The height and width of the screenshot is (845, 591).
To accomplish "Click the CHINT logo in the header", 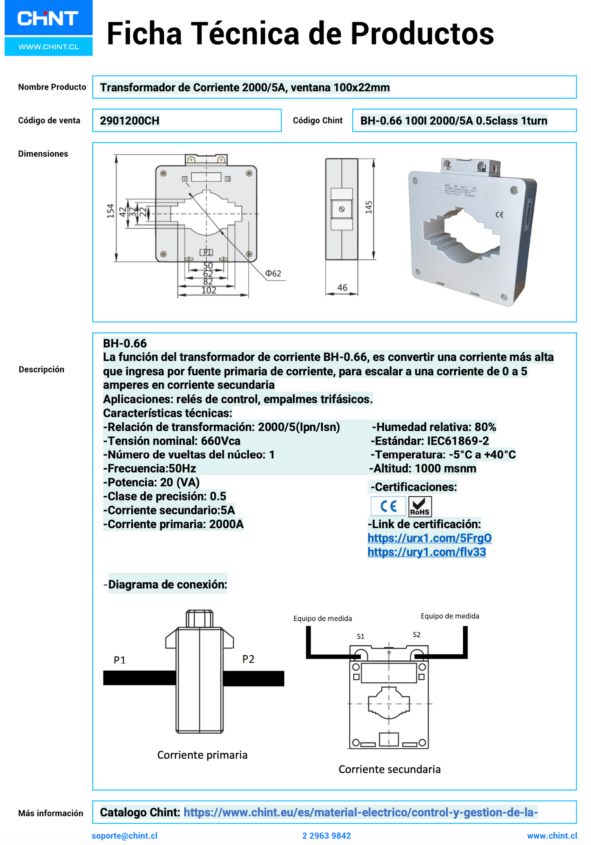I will pos(48,19).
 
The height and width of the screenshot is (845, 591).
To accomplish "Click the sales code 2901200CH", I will pos(130,121).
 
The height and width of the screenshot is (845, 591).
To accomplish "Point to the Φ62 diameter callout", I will pos(273,273).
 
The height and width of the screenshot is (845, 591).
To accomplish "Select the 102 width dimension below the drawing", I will pos(209,291).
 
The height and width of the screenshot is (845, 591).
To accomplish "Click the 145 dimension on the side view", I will pos(369,207).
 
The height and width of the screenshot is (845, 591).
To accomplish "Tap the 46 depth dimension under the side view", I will pos(342,288).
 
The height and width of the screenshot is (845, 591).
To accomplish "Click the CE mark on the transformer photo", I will pos(499,214).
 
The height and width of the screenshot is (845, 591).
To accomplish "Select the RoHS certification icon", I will pos(420,507).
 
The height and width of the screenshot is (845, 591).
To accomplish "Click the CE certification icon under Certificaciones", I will pos(388,507).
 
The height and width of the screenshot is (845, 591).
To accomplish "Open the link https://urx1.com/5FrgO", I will pos(429,538).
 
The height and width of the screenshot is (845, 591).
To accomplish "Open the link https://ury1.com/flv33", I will pos(427,552).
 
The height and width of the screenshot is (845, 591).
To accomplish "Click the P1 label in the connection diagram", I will pos(119,660).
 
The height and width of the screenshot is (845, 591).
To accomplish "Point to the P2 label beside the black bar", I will pos(248,659).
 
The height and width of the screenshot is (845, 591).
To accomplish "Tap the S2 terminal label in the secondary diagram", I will pos(416,635).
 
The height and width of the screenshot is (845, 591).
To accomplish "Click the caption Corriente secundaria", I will pos(389,769).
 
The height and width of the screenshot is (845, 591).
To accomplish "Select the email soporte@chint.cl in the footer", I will pos(124,836).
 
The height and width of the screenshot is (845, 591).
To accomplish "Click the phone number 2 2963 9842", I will pos(326,836).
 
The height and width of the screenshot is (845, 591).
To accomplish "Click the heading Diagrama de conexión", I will pos(167,584).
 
